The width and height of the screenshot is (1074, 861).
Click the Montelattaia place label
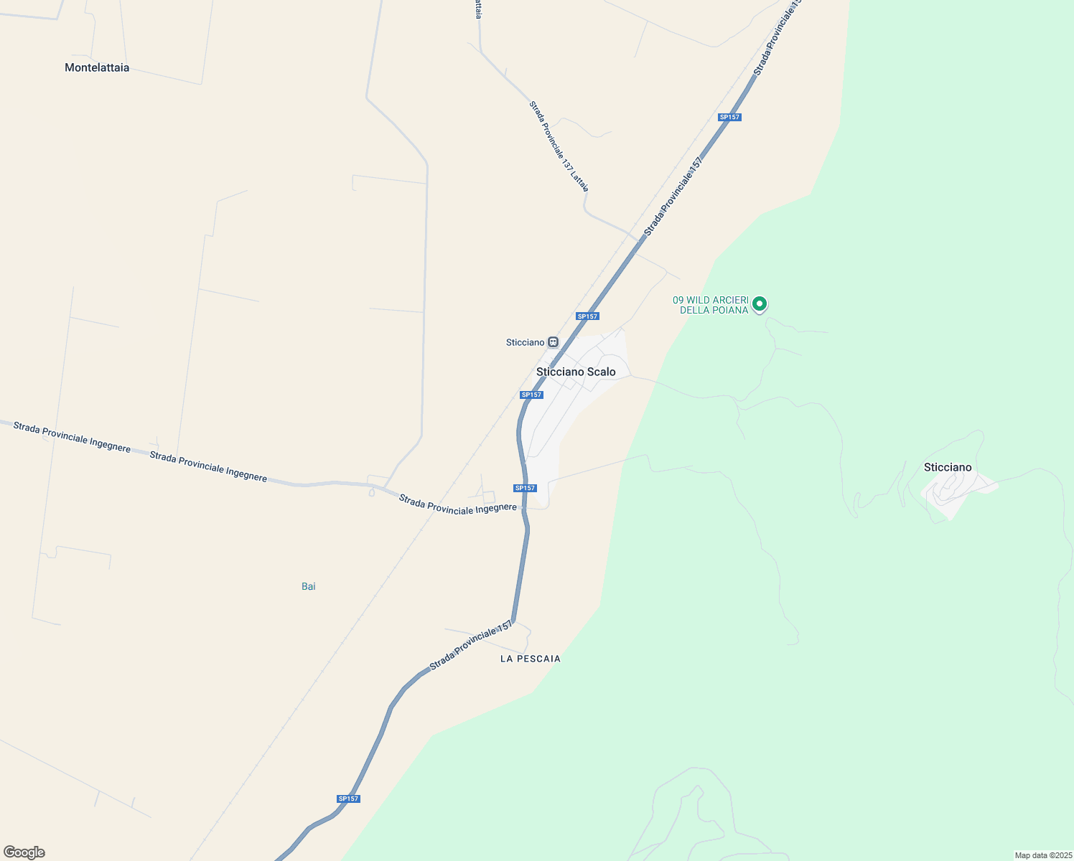[97, 67]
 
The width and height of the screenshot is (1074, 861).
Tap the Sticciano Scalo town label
[576, 372]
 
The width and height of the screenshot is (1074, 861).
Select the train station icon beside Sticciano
[553, 342]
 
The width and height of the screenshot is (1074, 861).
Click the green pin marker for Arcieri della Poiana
[760, 304]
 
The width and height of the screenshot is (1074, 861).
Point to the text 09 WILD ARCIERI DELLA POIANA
[711, 305]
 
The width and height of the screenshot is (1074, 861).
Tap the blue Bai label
[309, 586]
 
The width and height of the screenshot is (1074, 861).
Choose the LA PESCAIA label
[531, 659]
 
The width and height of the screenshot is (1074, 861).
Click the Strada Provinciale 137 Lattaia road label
[559, 146]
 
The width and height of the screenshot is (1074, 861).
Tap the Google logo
[24, 852]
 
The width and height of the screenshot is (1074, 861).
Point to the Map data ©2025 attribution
[1042, 855]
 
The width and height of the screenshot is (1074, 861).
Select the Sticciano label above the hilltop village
[948, 467]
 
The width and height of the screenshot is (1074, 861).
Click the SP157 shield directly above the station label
[587, 316]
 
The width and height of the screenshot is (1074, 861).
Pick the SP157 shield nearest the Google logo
[348, 799]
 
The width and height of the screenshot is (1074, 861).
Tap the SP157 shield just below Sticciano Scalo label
[531, 395]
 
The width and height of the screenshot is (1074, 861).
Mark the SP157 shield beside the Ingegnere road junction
[525, 488]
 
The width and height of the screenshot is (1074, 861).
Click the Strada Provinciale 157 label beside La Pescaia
[471, 646]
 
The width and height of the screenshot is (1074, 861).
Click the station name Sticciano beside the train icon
[525, 342]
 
